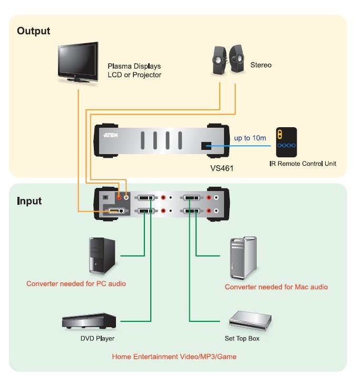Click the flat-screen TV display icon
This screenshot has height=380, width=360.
(x=77, y=62)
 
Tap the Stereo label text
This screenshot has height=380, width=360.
(x=261, y=65)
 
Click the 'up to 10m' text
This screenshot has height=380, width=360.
(x=250, y=138)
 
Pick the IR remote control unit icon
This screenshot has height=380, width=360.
(x=286, y=141)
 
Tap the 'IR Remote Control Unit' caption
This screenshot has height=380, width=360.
(x=303, y=164)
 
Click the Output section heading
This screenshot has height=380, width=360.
(x=34, y=31)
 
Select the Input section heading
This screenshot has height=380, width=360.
(x=29, y=201)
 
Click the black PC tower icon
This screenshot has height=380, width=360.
(x=100, y=255)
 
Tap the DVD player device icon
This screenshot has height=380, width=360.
(x=89, y=321)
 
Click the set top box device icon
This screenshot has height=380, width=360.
(x=250, y=319)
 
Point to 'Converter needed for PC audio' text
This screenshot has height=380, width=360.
(x=76, y=283)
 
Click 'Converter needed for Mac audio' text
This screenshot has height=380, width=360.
(x=276, y=287)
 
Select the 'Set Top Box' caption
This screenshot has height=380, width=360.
(x=242, y=338)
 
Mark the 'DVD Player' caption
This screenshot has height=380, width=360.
(x=98, y=338)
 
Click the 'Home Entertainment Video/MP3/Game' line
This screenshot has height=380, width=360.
(x=174, y=357)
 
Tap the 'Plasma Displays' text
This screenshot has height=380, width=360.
(x=134, y=66)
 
